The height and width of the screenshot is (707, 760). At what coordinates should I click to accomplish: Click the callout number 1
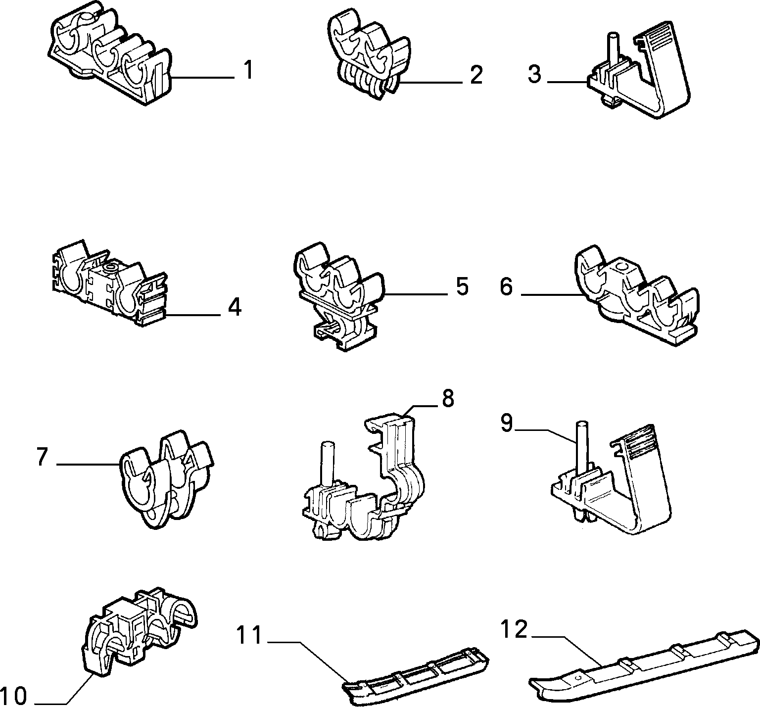click(248, 70)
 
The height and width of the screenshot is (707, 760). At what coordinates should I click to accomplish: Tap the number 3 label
click(534, 74)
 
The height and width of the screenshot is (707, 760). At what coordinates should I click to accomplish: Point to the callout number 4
click(235, 307)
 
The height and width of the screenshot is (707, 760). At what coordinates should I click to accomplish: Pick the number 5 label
click(462, 286)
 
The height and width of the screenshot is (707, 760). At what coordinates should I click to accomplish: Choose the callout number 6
click(506, 286)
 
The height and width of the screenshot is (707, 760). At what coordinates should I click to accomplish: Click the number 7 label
click(42, 457)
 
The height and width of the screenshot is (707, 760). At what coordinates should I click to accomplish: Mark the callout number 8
click(448, 398)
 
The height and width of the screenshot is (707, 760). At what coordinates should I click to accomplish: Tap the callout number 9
click(506, 424)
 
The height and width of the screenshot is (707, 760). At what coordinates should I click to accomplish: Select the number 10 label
click(13, 696)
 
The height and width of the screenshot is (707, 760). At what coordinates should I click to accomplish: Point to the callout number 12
click(515, 630)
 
